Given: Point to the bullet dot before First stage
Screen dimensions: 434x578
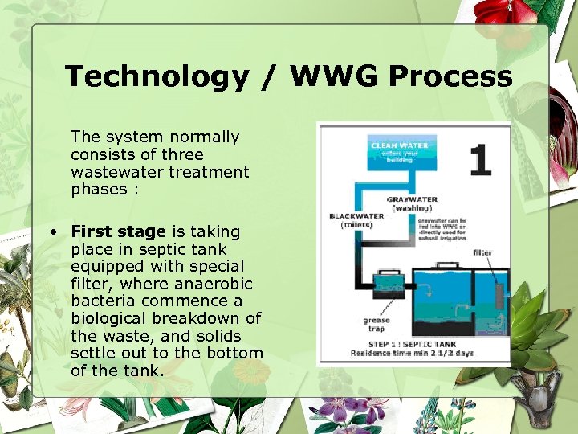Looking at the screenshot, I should pyautogui.click(x=51, y=232).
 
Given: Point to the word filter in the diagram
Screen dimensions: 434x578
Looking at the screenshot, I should pyautogui.click(x=482, y=252).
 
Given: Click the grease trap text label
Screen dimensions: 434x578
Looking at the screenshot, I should pyautogui.click(x=376, y=324).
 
